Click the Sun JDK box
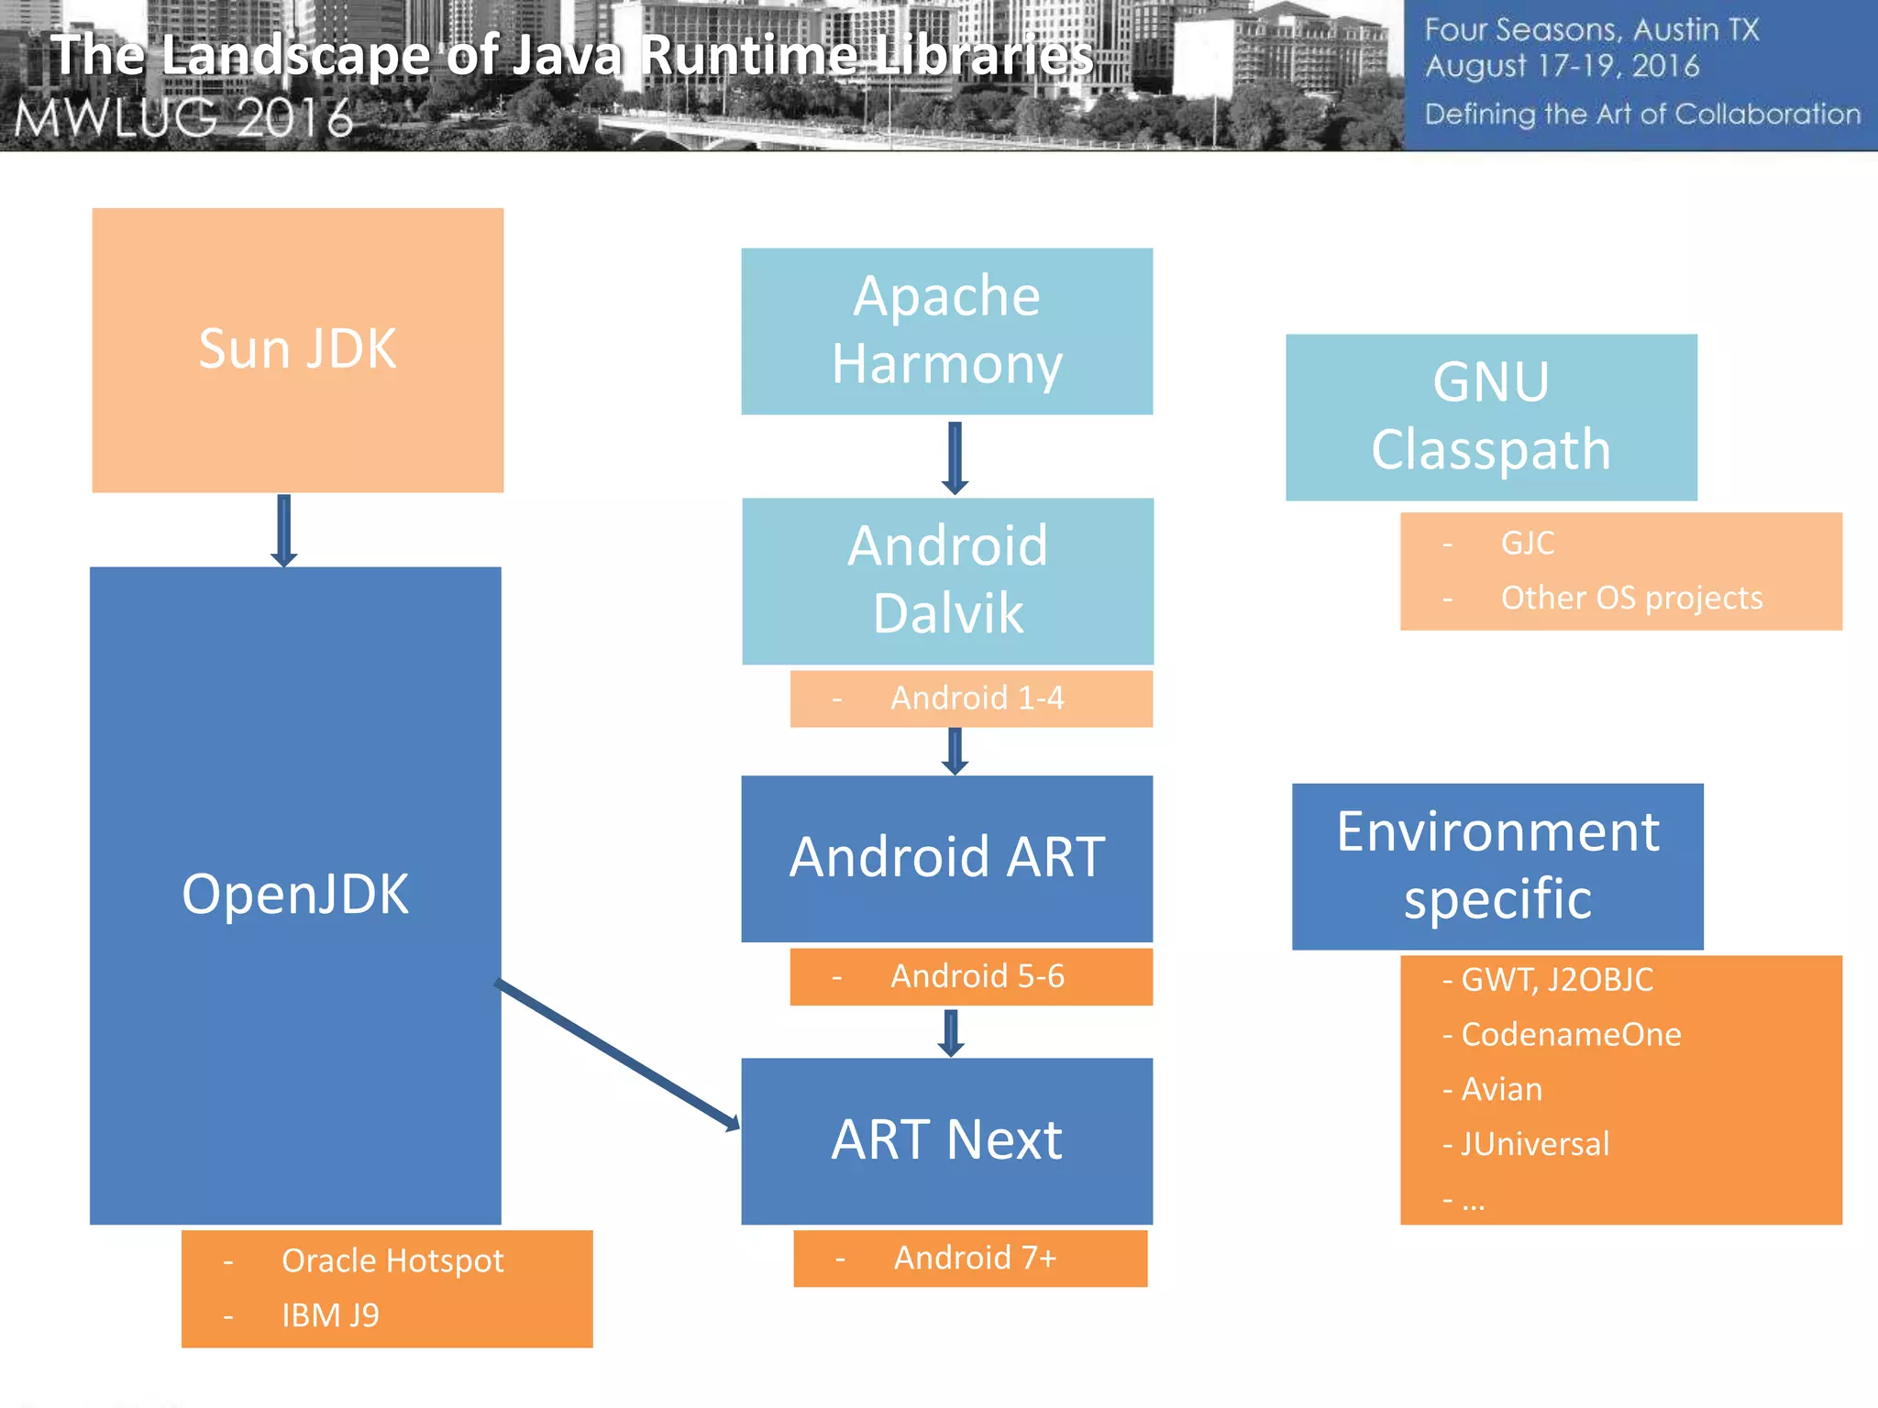tap(297, 349)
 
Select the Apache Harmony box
tap(946, 331)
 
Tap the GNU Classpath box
tap(1491, 416)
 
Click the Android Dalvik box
tap(947, 580)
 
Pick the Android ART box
tap(946, 858)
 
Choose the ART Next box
tap(946, 1140)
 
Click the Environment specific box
tap(1497, 865)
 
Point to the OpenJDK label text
tap(295, 894)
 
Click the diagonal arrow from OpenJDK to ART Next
tap(616, 1054)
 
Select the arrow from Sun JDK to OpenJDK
tap(284, 530)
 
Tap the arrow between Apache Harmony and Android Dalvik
tap(955, 456)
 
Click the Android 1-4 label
tap(977, 698)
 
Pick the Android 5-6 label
tap(977, 976)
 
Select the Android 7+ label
tap(975, 1258)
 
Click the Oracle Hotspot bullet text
tap(392, 1261)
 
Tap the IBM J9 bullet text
tap(330, 1315)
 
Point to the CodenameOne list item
tap(1570, 1034)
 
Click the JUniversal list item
tap(1534, 1144)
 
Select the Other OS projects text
tap(1631, 598)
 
